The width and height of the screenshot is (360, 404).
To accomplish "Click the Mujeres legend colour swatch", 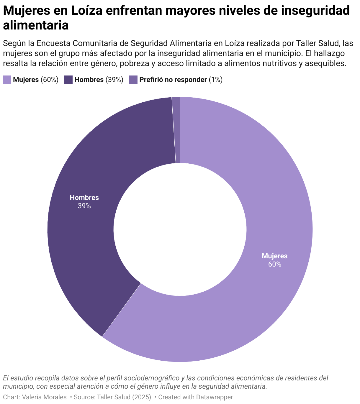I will click(x=7, y=80).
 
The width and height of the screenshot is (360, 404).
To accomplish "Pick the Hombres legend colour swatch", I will click(x=68, y=80).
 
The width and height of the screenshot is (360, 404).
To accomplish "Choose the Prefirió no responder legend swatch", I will click(x=133, y=80).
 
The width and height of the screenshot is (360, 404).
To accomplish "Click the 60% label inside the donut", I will click(x=274, y=264).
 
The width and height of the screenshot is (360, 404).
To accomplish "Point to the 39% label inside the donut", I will click(x=84, y=206).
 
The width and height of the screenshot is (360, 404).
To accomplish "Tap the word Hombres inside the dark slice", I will click(x=84, y=198).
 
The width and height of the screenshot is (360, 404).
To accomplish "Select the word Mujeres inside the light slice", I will click(x=274, y=256).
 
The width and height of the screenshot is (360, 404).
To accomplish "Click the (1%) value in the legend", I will click(x=215, y=80).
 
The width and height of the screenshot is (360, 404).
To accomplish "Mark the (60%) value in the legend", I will click(x=50, y=80).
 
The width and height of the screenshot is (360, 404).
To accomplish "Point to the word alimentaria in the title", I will click(x=36, y=25).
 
